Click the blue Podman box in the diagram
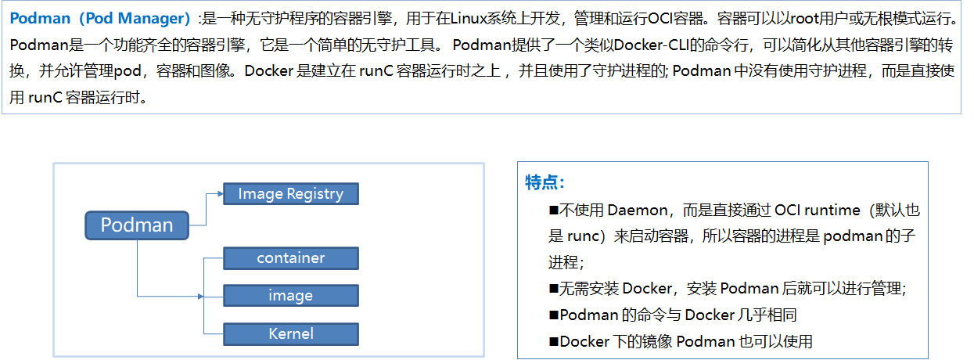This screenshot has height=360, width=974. click(x=137, y=225)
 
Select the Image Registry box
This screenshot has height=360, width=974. click(x=290, y=193)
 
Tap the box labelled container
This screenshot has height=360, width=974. click(x=290, y=258)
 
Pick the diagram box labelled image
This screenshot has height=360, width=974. click(x=290, y=296)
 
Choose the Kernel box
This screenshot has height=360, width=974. click(x=290, y=333)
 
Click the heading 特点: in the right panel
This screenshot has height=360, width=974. click(x=545, y=182)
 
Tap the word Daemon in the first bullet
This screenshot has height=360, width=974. click(x=637, y=210)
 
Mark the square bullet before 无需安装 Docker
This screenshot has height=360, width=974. click(x=553, y=289)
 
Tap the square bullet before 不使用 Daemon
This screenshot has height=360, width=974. click(x=553, y=210)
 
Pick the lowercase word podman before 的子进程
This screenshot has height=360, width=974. click(x=856, y=236)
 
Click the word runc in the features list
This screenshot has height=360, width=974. click(x=581, y=236)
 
